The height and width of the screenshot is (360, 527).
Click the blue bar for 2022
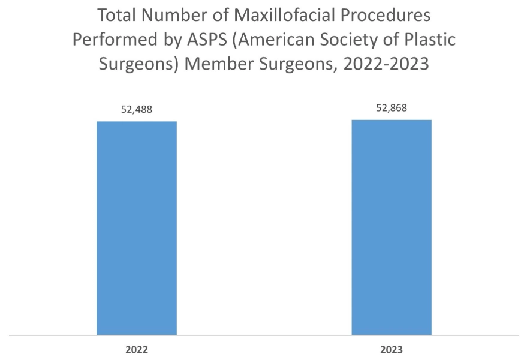[x=137, y=227]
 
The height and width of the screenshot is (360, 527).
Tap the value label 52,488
[x=137, y=110]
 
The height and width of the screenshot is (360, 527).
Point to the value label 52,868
[x=392, y=108]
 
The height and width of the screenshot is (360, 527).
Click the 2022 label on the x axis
[x=137, y=349]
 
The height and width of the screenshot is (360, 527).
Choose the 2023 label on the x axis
[x=392, y=349]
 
